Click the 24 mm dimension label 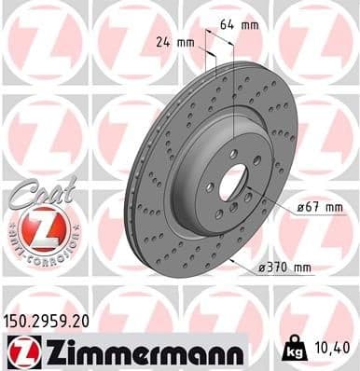[175, 41]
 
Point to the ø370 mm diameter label [284, 268]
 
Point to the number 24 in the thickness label [164, 41]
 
